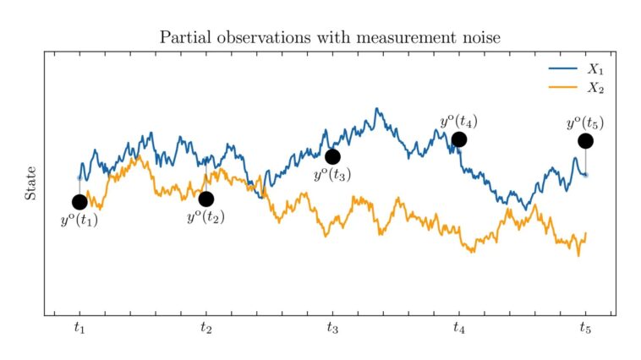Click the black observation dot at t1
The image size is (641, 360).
tap(79, 202)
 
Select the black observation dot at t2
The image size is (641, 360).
tap(205, 199)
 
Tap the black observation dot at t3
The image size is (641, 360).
tap(332, 156)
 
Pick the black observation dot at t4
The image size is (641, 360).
tap(458, 139)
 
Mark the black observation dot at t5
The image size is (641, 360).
tap(585, 141)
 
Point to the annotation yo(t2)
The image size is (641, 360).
tap(205, 216)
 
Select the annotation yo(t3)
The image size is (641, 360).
tap(332, 175)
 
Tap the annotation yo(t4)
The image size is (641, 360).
tap(458, 121)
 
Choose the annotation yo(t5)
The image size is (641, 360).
tap(585, 123)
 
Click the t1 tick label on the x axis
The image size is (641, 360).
tap(79, 330)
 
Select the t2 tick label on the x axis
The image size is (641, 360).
tap(205, 330)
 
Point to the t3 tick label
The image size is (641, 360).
tap(332, 330)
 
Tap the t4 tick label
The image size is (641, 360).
tap(458, 330)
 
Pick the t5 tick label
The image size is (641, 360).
tap(585, 330)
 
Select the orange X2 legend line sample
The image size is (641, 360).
tap(563, 86)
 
